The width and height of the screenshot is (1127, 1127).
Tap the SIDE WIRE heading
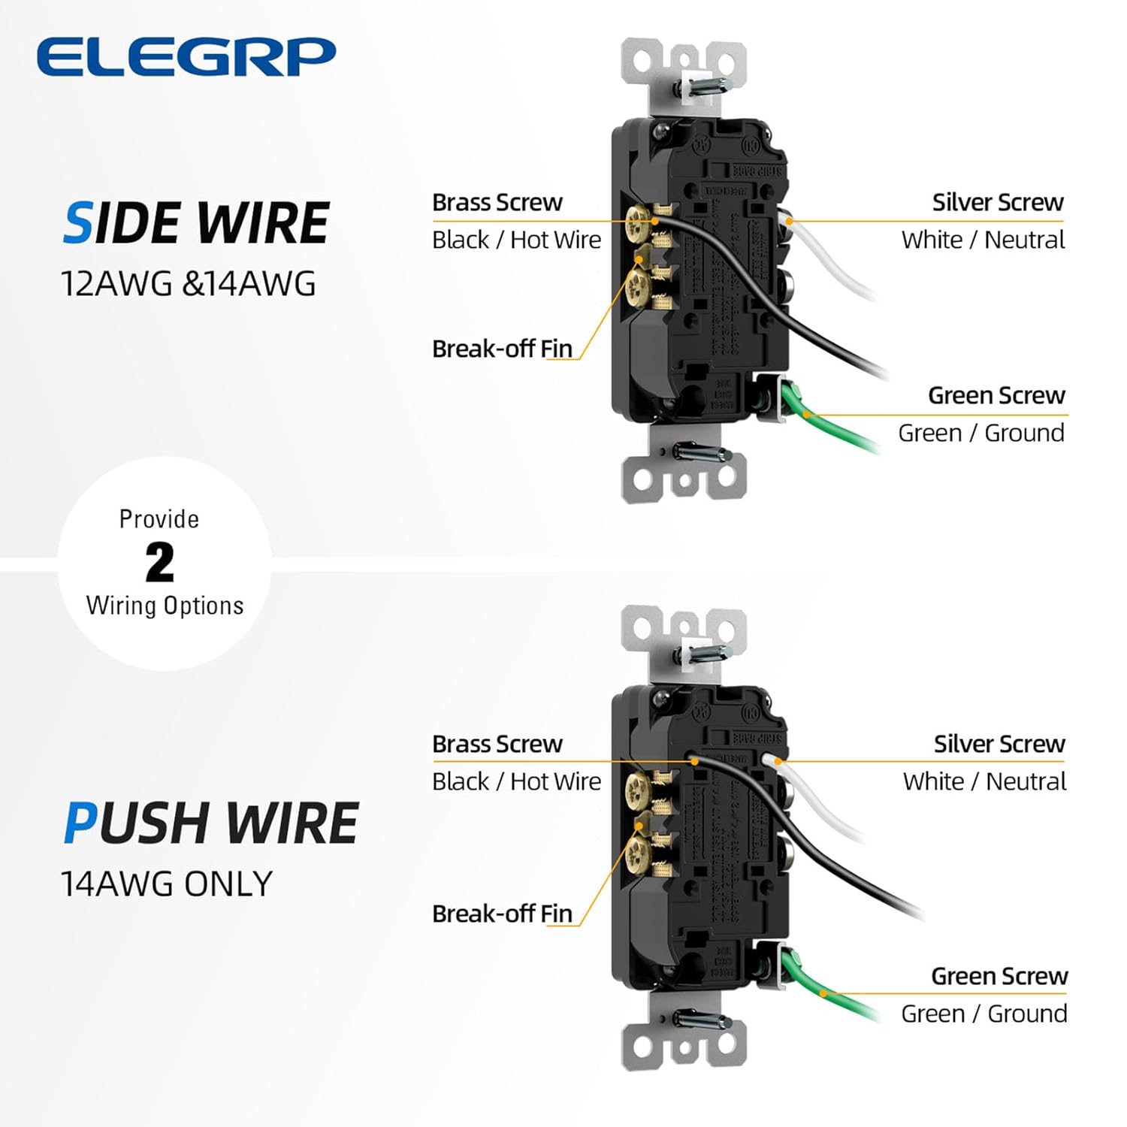pyautogui.click(x=196, y=223)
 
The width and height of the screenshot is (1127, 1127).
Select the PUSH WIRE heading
pyautogui.click(x=210, y=823)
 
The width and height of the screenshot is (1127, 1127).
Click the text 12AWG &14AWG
pyautogui.click(x=188, y=284)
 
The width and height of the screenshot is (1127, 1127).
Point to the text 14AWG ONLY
pyautogui.click(x=166, y=884)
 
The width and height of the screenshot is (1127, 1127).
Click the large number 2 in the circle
pyautogui.click(x=159, y=562)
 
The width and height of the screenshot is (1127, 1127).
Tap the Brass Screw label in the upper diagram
pyautogui.click(x=497, y=203)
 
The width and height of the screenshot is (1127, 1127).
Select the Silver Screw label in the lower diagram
pyautogui.click(x=999, y=744)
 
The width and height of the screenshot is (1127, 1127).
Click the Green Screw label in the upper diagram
pyautogui.click(x=996, y=395)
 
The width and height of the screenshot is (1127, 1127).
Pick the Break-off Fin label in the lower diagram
pyautogui.click(x=502, y=914)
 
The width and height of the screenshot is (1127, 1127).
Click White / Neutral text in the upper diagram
pyautogui.click(x=983, y=240)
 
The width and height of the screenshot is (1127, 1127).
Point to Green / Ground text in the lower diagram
pyautogui.click(x=983, y=1014)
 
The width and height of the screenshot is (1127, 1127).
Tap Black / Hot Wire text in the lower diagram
pyautogui.click(x=516, y=781)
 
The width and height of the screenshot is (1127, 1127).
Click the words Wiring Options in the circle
pyautogui.click(x=165, y=606)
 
